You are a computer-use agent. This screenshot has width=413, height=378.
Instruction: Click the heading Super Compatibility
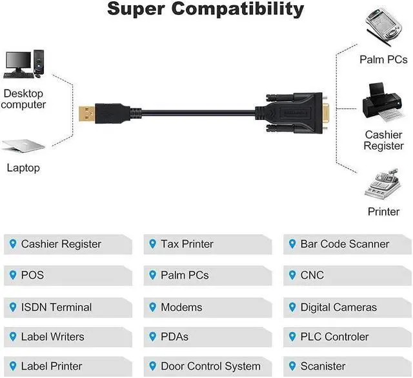[205, 10]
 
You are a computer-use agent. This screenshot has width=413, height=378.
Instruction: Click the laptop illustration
[23, 146]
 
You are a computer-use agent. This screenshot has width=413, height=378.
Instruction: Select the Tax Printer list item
[186, 244]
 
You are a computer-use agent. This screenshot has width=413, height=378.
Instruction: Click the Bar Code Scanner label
[345, 244]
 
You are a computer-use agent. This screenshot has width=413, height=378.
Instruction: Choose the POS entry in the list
[32, 275]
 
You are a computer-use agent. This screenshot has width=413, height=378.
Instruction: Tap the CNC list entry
[312, 275]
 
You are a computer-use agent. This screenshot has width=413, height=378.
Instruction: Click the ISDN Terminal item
[56, 308]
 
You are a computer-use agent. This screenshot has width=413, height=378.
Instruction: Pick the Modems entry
[181, 308]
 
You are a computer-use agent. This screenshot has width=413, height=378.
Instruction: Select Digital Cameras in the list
[338, 308]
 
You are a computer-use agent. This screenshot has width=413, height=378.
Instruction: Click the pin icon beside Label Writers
[12, 336]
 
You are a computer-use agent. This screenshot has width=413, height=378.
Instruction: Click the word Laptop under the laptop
[23, 168]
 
